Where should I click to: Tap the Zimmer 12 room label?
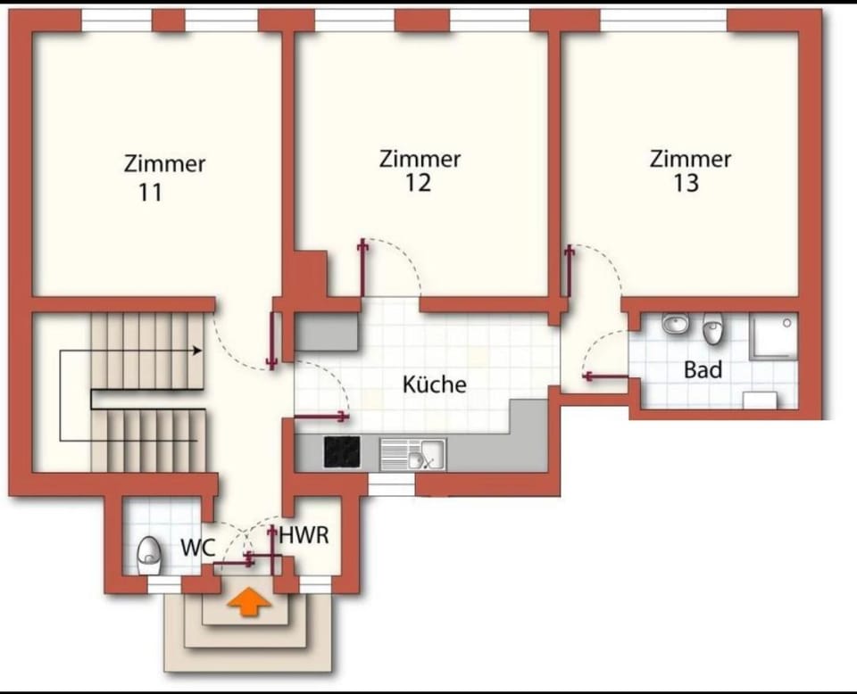(420, 170)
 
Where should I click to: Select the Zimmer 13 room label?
(690, 170)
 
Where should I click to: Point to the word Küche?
(435, 384)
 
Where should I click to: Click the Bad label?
(703, 369)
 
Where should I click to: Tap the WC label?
(198, 547)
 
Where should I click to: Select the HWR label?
(304, 535)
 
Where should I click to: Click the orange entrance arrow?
(249, 602)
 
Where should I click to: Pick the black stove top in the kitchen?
(342, 452)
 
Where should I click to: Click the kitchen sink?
(413, 454)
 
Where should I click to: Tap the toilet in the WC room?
(148, 556)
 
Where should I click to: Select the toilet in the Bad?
(712, 328)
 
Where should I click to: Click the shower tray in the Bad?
(773, 335)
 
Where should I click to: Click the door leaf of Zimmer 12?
(362, 269)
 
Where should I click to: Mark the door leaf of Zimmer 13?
(570, 271)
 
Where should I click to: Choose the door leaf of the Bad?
(606, 376)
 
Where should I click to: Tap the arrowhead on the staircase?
(196, 351)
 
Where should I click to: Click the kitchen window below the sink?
(391, 485)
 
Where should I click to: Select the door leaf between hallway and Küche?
(321, 417)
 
